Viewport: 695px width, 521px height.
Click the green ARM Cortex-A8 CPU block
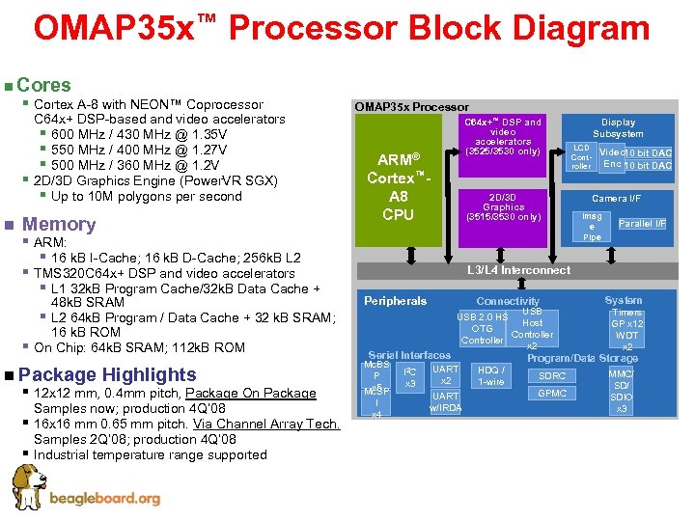click(398, 186)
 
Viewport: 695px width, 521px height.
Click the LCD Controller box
click(581, 157)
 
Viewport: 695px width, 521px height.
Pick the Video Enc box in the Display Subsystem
click(612, 158)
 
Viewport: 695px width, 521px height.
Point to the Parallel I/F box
click(642, 224)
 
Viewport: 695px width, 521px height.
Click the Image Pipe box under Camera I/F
click(592, 227)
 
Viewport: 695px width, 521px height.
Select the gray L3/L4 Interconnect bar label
click(518, 270)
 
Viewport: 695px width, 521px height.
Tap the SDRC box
click(552, 375)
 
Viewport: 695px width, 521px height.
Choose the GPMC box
click(552, 394)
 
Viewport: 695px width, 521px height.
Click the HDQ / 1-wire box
click(491, 375)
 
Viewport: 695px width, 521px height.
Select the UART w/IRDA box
click(445, 401)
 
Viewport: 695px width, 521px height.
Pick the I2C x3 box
click(409, 377)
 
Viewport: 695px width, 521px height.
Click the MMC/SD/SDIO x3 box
click(622, 391)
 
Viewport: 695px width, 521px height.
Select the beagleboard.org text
click(107, 498)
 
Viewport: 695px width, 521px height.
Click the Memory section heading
click(59, 225)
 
